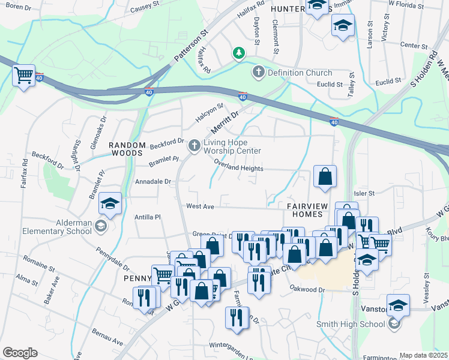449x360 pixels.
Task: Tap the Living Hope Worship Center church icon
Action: pyautogui.click(x=194, y=145)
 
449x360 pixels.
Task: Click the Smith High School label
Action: pyautogui.click(x=351, y=325)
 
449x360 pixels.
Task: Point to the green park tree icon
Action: pyautogui.click(x=239, y=53)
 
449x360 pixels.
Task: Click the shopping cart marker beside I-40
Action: pyautogui.click(x=23, y=76)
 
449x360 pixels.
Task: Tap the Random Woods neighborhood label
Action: pyautogui.click(x=127, y=149)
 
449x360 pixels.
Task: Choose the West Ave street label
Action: pyautogui.click(x=200, y=206)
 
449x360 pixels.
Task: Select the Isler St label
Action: pyautogui.click(x=364, y=193)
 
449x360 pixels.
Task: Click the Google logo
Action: pyautogui.click(x=20, y=353)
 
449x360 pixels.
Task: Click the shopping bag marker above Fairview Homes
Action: pyautogui.click(x=325, y=177)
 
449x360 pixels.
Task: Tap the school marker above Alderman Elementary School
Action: pyautogui.click(x=110, y=203)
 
